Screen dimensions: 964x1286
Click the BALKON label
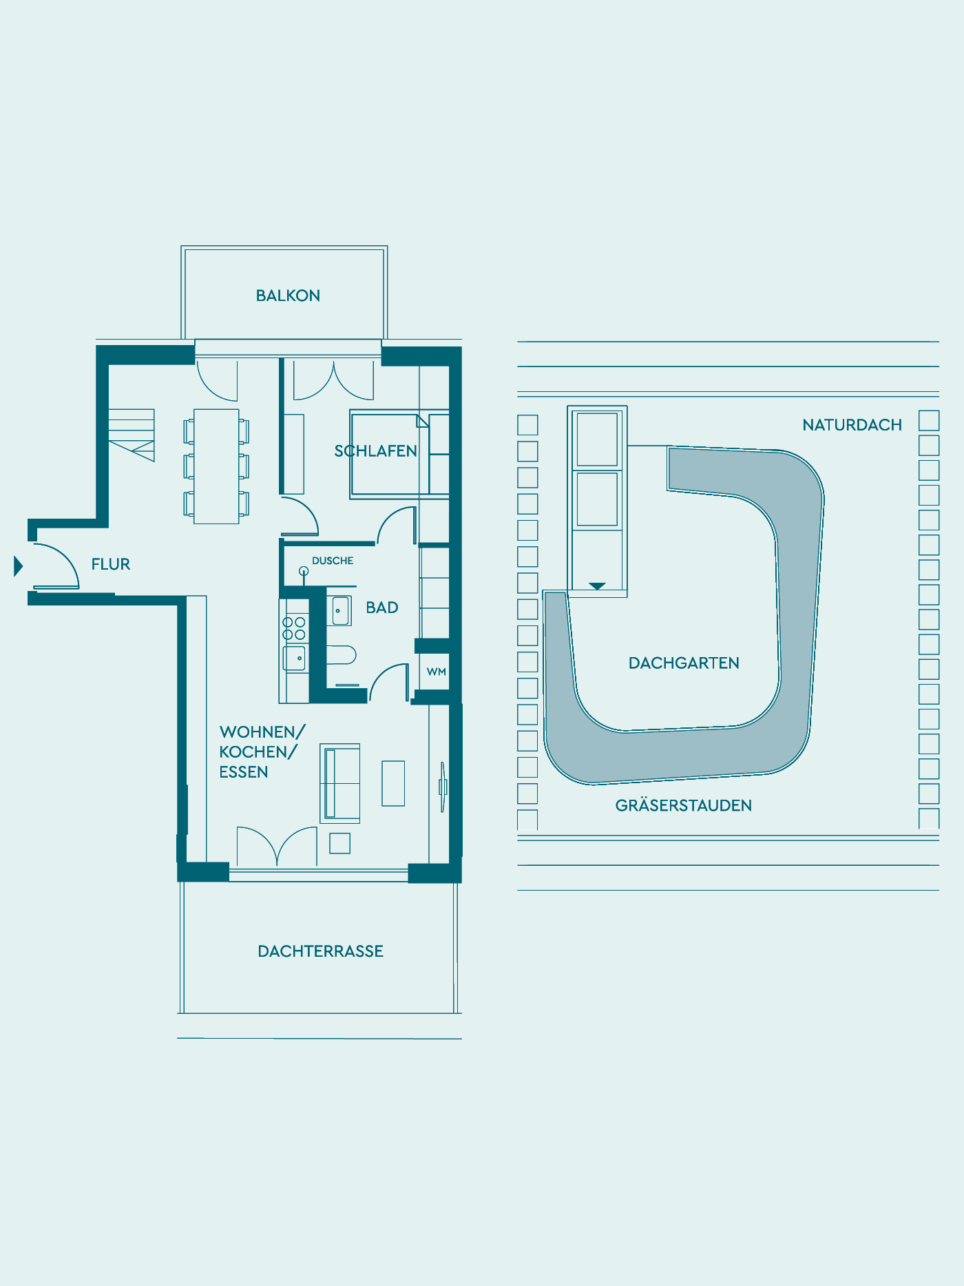point(288,295)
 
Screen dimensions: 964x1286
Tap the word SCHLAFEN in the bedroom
point(376,451)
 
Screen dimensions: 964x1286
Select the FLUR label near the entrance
point(111,564)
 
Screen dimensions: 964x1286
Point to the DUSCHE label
point(333,561)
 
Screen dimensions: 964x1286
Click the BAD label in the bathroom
point(382,608)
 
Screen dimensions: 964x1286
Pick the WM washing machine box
point(436,672)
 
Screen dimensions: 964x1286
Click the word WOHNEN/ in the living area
point(262,732)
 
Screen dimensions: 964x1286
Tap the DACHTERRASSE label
point(320,951)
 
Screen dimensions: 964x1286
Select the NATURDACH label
point(852,425)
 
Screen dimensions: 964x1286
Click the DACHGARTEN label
point(684,663)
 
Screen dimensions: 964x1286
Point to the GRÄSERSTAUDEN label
point(684,805)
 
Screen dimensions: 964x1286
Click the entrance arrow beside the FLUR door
point(19,566)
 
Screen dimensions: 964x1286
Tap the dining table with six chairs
point(216,466)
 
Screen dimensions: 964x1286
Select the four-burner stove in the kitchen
point(294,628)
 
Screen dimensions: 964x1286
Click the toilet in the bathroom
point(341,654)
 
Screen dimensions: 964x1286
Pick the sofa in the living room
point(340,783)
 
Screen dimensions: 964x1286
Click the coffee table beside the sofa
point(393,783)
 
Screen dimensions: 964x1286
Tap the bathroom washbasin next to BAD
point(339,611)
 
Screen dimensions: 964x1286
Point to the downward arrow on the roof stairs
point(597,586)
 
